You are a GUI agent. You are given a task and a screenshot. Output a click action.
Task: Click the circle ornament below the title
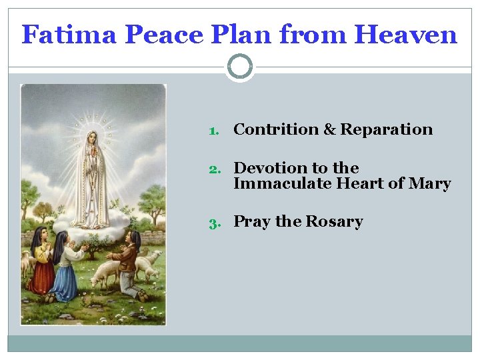tap(240, 67)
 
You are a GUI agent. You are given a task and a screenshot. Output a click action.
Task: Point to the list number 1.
tap(214, 131)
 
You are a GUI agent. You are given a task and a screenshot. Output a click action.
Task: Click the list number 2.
tap(214, 169)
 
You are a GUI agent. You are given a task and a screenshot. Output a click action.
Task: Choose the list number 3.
tap(214, 223)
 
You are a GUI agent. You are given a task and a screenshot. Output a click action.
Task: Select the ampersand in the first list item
tap(330, 129)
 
